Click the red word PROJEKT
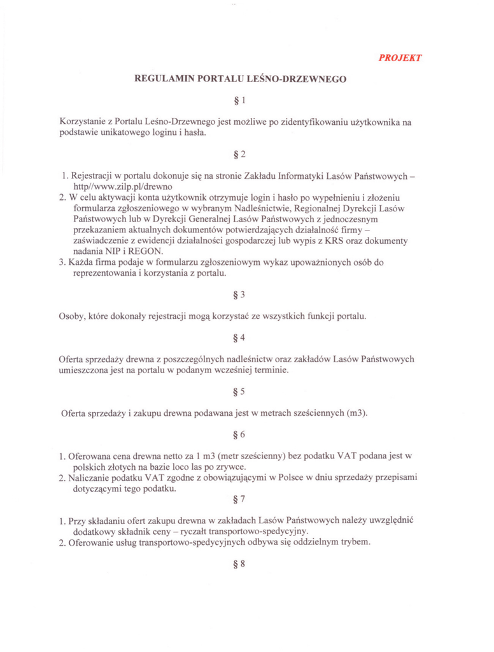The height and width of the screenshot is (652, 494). point(400,57)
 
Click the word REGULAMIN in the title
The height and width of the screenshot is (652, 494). point(164,80)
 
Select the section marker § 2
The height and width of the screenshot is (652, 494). point(239,153)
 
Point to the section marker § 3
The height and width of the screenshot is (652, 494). point(239,294)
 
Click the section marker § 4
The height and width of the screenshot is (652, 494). point(239,337)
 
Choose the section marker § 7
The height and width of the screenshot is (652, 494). point(239,499)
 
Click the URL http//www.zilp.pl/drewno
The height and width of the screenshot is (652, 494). point(115,186)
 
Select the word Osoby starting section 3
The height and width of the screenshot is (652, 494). point(74,316)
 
